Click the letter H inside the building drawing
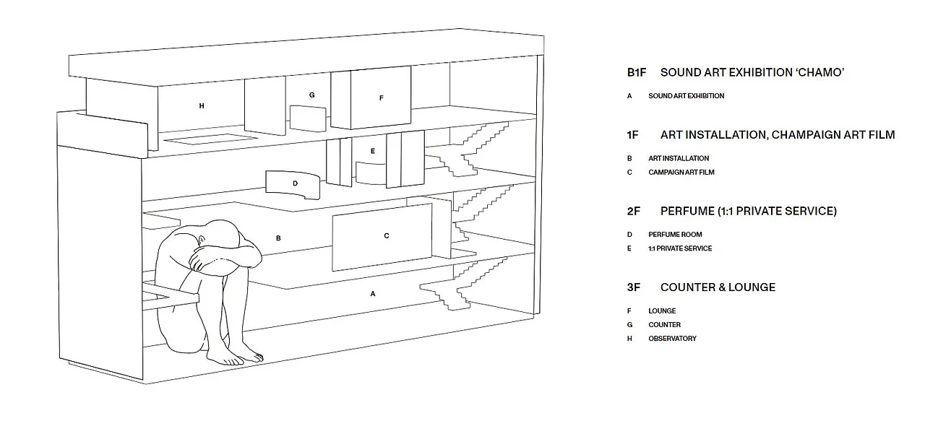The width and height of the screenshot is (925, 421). point(202,106)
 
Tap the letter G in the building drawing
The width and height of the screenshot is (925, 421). point(311,95)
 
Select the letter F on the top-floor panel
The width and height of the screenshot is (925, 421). point(381,97)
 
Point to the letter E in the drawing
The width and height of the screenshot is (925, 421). point(372,151)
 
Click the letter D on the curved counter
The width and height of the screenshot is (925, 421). point(295,183)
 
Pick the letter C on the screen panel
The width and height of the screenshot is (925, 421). point(387,235)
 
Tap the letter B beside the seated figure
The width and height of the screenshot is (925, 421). point(278,238)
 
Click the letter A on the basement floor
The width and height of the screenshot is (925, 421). point(372,294)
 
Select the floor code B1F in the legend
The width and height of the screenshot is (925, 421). point(637,73)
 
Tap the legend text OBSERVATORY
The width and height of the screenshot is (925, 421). point(672,339)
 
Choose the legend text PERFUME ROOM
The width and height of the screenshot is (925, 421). point(675,235)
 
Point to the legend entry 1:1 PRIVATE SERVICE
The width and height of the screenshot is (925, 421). point(680,248)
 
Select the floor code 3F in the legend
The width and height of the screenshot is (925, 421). point(634,287)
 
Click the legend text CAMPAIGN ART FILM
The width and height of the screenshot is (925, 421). point(681,172)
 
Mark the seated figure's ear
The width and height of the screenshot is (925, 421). point(202,240)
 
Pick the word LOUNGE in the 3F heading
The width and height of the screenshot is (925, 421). point(752,287)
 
